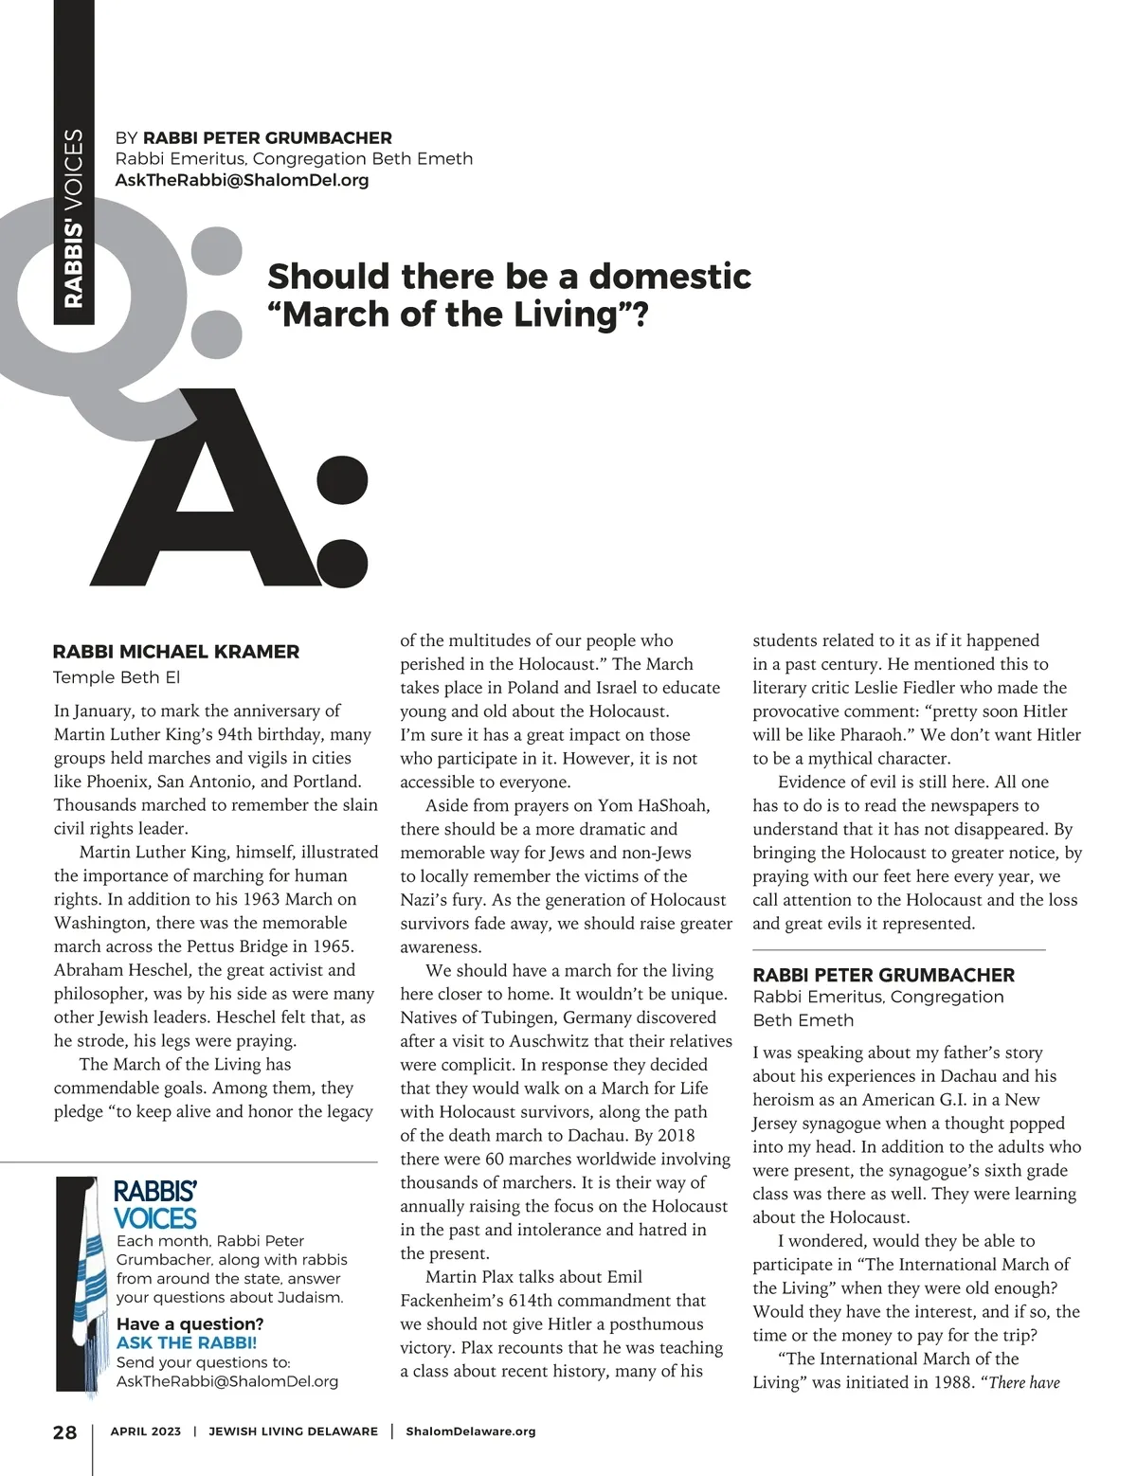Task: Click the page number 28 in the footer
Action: pyautogui.click(x=64, y=1431)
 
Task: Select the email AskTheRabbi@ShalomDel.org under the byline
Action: pyautogui.click(x=242, y=180)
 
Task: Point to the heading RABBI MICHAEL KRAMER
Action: pyautogui.click(x=176, y=652)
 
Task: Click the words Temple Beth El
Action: pyautogui.click(x=117, y=677)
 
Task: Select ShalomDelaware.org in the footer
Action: pyautogui.click(x=470, y=1431)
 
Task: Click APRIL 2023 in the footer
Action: pyautogui.click(x=146, y=1431)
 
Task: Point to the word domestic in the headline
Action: pyautogui.click(x=670, y=277)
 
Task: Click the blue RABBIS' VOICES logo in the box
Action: pyautogui.click(x=155, y=1204)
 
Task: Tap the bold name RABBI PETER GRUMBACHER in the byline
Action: pyautogui.click(x=267, y=138)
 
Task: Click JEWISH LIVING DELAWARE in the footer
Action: pyautogui.click(x=293, y=1431)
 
